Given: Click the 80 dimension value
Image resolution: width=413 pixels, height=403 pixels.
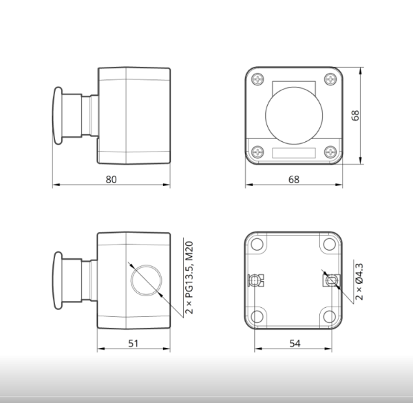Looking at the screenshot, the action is (x=111, y=180).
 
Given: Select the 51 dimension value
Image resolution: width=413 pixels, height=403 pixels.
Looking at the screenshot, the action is (x=133, y=344).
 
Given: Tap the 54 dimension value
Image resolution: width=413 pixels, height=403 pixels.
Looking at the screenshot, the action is (x=295, y=344).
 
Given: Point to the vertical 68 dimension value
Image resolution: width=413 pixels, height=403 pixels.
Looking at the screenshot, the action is (x=355, y=116).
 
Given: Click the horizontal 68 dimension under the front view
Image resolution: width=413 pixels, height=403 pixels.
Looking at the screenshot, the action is (x=294, y=180).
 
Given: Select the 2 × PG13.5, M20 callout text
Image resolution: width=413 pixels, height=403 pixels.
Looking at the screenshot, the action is (x=189, y=278).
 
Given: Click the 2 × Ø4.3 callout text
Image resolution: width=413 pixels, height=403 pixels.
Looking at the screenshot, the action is (x=359, y=282).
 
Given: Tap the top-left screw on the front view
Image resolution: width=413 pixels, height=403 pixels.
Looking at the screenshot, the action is (x=257, y=79).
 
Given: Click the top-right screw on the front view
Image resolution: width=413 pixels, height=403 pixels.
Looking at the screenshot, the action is (x=330, y=79).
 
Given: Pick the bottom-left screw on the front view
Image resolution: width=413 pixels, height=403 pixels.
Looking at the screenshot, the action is (x=257, y=152).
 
